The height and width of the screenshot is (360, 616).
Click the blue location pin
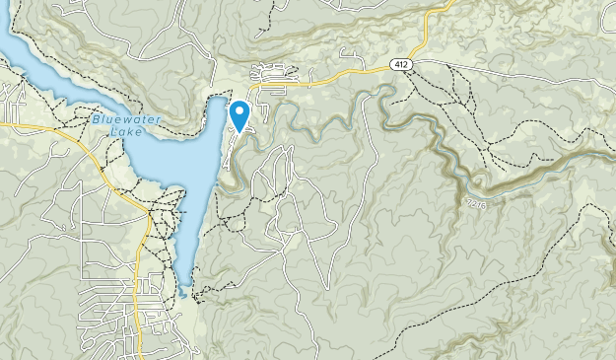point(240,114)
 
